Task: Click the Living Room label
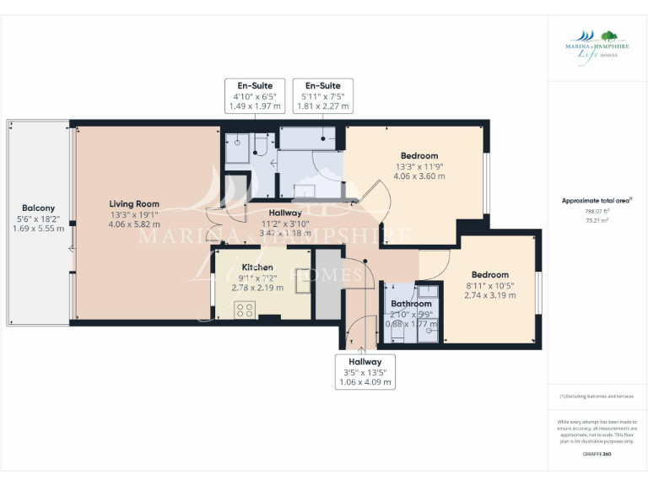(x=134, y=203)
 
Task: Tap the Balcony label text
(x=38, y=208)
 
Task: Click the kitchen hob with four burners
(x=246, y=310)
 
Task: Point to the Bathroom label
(x=411, y=304)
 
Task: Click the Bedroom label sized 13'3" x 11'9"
(x=419, y=156)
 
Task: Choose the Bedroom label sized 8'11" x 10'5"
(x=489, y=275)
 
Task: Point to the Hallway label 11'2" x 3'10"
(x=285, y=213)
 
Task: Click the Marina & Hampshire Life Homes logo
(x=591, y=44)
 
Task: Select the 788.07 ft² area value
(x=597, y=211)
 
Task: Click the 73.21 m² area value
(x=597, y=220)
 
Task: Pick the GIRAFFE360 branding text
(x=597, y=455)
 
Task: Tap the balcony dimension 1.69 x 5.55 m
(x=38, y=229)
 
